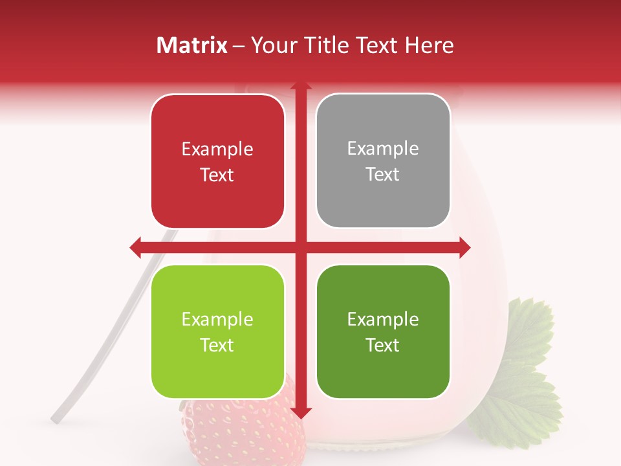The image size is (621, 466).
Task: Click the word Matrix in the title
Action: coord(192,45)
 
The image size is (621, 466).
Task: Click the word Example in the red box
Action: coord(217,150)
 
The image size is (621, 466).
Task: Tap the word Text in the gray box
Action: coord(383,175)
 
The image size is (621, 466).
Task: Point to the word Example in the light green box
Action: coord(217,320)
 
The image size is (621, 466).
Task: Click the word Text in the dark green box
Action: coord(383,345)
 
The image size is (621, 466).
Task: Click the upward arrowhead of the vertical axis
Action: coord(300,85)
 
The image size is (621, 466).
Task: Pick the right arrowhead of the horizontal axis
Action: coord(464,247)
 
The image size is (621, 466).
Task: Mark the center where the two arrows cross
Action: coord(300,247)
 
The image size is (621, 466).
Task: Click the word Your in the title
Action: coord(270,45)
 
